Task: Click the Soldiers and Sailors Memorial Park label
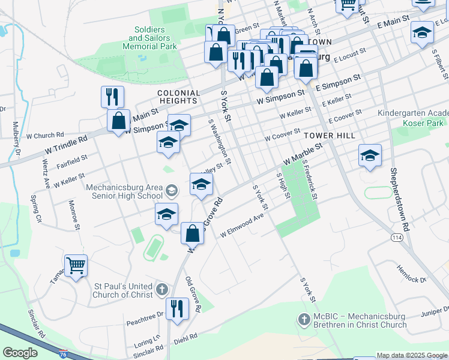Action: point(152,38)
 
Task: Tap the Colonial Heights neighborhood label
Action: point(178,97)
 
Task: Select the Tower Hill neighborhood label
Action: point(329,136)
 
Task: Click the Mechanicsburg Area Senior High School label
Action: point(124,191)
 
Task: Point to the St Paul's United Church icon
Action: point(161,290)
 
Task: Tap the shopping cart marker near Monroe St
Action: point(76,265)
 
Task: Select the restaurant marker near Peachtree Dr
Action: point(177,308)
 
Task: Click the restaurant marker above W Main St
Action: point(112,96)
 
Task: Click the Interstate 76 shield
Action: point(63,354)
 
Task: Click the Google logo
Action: point(20,353)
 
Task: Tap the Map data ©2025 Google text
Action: point(411,355)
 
